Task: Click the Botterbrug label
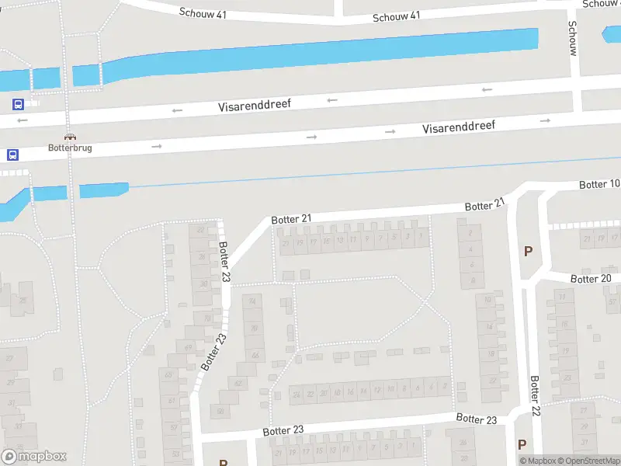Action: tap(71, 148)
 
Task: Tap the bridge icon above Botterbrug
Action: tap(70, 136)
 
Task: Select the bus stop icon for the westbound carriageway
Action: tap(17, 104)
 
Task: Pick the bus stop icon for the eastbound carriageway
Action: tap(12, 155)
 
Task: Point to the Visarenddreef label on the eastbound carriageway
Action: tap(459, 126)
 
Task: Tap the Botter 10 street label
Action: tap(599, 184)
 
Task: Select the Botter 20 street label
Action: tap(591, 279)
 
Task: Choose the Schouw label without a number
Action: tap(573, 37)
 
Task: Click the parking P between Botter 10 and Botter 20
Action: tap(529, 251)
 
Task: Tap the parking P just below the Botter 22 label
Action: tap(522, 445)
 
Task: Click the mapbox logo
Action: tap(34, 457)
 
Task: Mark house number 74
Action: tap(252, 302)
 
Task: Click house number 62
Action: tap(238, 384)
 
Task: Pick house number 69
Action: tap(188, 346)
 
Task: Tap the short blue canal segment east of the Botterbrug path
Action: tap(103, 190)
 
